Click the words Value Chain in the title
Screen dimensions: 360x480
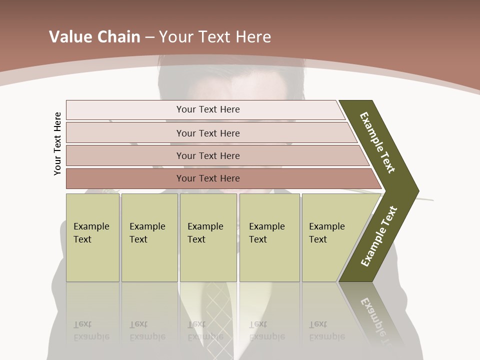94,37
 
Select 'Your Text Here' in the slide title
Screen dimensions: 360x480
215,37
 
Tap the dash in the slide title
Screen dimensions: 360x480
149,37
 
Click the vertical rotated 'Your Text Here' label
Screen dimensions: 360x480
58,143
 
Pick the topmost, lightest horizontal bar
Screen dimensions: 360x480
207,109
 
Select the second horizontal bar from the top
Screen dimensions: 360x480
207,133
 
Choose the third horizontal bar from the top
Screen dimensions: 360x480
207,155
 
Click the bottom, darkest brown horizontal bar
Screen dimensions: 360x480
207,178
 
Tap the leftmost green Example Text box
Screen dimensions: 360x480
92,237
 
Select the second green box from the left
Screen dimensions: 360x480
149,237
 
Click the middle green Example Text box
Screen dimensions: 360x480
208,237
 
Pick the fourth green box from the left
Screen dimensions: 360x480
269,237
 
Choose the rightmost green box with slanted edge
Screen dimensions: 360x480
330,237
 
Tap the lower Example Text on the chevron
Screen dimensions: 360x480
379,236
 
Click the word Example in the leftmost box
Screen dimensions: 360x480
91,226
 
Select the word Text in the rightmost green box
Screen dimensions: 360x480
318,239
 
